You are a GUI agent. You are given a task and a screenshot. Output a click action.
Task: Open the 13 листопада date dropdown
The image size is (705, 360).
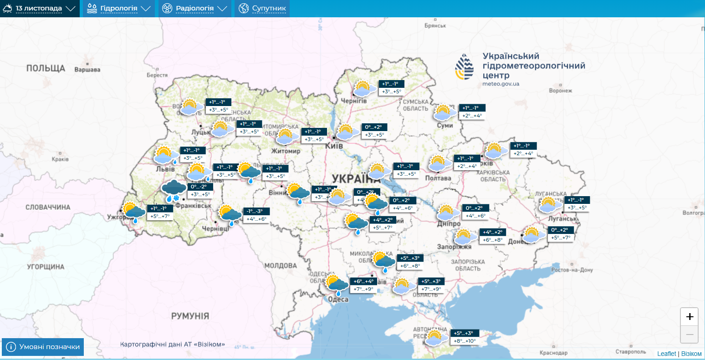(39, 9)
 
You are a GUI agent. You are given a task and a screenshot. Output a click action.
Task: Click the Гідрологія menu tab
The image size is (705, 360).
(119, 9)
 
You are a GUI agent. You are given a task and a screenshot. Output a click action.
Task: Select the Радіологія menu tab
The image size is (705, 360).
(195, 9)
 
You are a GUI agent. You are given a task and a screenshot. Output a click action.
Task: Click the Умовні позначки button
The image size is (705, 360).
(43, 347)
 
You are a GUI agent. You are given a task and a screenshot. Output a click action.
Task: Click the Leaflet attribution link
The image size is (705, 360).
(666, 354)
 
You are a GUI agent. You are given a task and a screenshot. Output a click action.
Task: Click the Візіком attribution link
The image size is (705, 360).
(691, 354)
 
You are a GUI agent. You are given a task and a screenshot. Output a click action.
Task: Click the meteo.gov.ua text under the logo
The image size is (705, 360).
(501, 84)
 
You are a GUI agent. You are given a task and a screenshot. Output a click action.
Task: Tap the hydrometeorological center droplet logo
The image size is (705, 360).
(465, 67)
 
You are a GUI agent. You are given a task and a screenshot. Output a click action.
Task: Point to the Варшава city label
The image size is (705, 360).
(87, 70)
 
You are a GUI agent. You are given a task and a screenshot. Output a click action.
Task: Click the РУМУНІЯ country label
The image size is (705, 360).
(190, 316)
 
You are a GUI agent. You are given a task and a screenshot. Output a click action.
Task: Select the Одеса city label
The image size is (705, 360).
(338, 299)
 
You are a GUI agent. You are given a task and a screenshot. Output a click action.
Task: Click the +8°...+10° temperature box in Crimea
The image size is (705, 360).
(465, 341)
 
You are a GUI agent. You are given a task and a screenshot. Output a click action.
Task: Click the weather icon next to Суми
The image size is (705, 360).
(444, 112)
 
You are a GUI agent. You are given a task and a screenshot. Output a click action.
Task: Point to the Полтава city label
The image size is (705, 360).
(438, 178)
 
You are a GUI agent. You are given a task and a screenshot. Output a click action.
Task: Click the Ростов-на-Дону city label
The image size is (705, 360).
(572, 270)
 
